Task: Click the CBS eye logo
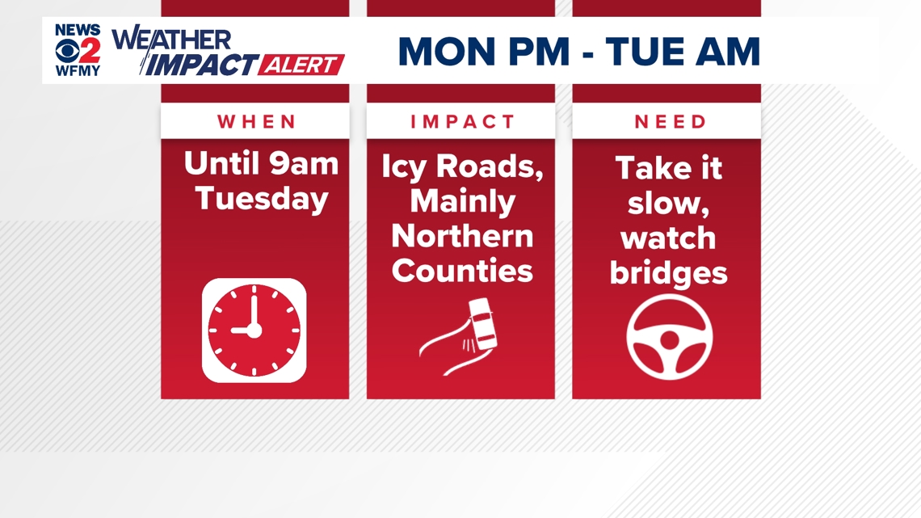(67, 50)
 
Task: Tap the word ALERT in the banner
(301, 65)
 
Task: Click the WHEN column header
(257, 122)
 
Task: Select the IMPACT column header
(463, 122)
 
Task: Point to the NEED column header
(671, 122)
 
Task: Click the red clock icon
(254, 331)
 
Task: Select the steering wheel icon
(669, 337)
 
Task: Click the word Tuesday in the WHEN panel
(262, 199)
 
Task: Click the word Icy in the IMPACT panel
(405, 168)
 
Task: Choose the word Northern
(462, 235)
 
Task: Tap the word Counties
(462, 270)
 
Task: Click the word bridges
(668, 272)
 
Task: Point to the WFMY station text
(78, 71)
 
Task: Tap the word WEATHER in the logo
(172, 40)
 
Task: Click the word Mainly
(463, 201)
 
